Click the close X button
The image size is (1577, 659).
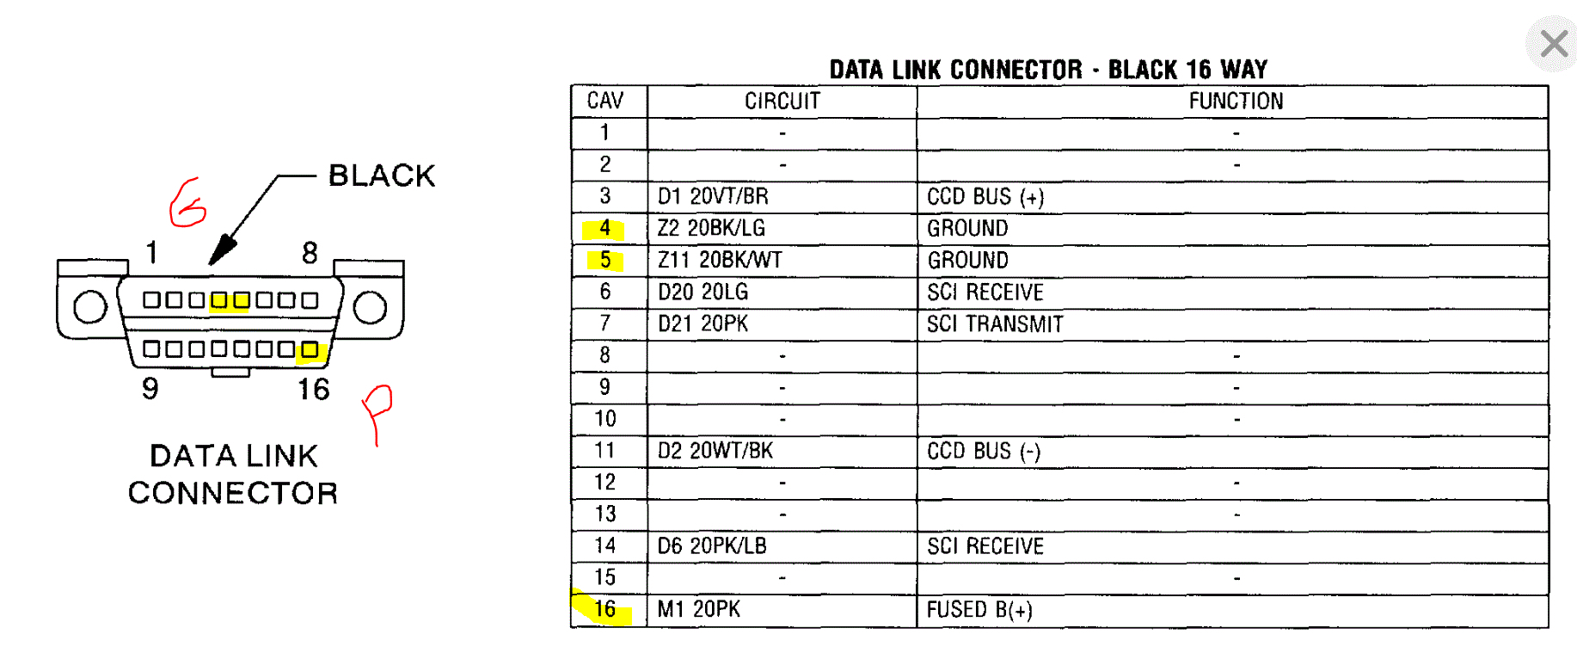[x=1553, y=43]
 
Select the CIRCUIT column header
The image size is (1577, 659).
[x=782, y=102]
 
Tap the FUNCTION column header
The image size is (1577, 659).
[x=1235, y=102]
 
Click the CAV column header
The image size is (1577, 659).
[x=605, y=102]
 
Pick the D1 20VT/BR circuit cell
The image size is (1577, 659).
[x=713, y=196]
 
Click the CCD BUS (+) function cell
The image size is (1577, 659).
[x=985, y=197]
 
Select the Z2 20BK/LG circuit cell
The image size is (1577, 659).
[x=711, y=228]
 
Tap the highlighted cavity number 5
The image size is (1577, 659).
[x=605, y=260]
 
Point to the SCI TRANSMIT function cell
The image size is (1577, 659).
[x=995, y=324]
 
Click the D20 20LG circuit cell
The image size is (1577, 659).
[x=703, y=293]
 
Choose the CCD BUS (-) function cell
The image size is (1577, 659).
[x=984, y=452]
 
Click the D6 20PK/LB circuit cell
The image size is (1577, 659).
[x=712, y=546]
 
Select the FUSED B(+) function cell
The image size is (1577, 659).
[x=979, y=610]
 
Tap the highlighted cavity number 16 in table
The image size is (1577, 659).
[x=605, y=609]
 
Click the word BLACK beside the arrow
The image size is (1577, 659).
[x=382, y=176]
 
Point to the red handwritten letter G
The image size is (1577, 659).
[x=187, y=204]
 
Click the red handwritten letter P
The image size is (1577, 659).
[x=377, y=409]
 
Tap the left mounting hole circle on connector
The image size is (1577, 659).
[x=90, y=307]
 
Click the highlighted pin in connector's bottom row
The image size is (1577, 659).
[x=310, y=349]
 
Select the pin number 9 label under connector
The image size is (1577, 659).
[x=150, y=389]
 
